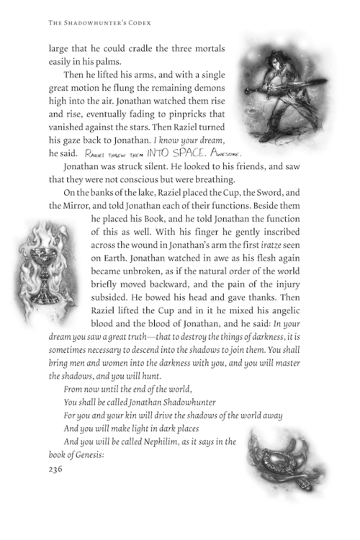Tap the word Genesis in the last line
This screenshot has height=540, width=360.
click(84, 455)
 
